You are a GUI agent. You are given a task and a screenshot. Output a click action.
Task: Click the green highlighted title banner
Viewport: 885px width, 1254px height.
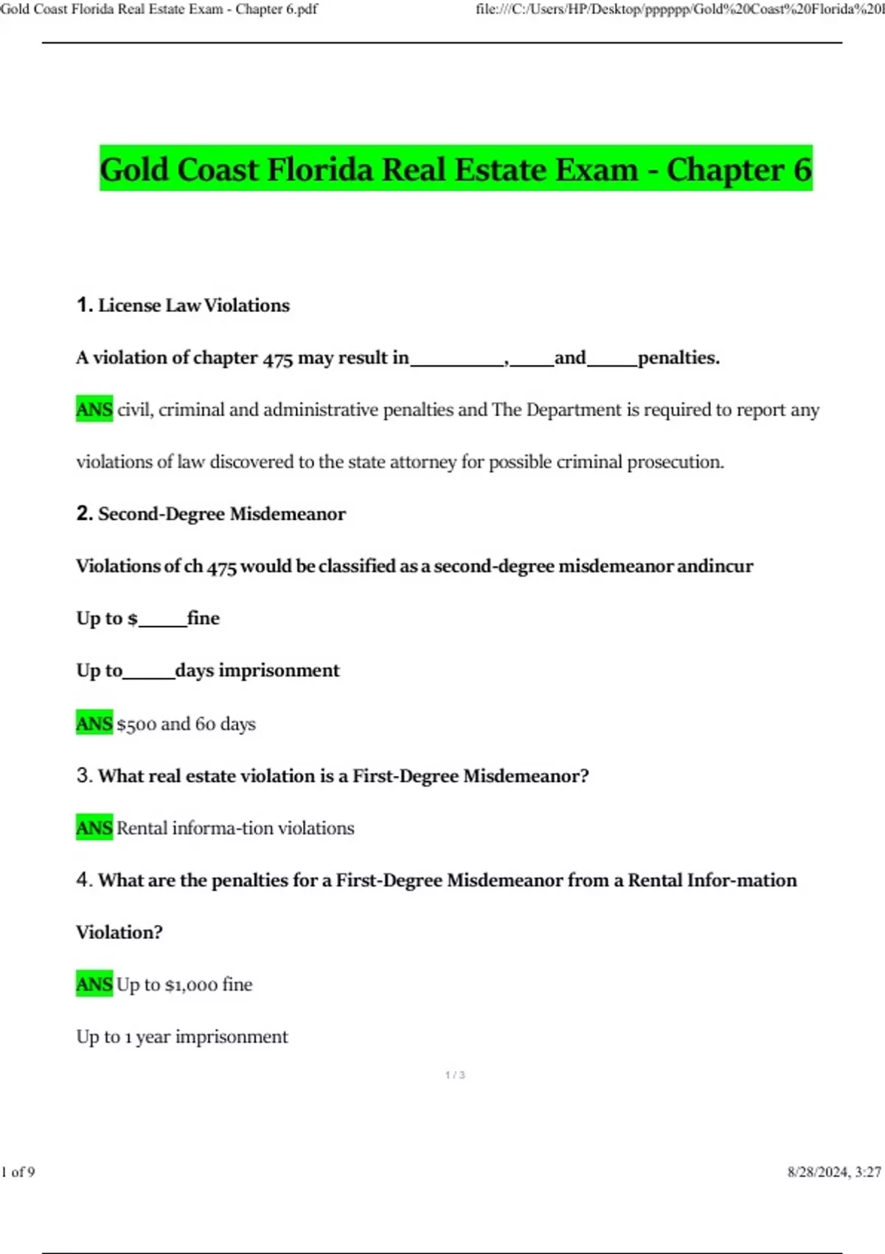click(456, 169)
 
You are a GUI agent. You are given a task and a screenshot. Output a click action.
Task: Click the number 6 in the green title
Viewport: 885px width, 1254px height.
click(802, 170)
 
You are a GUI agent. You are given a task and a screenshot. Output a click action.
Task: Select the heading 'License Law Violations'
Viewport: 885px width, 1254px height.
click(194, 305)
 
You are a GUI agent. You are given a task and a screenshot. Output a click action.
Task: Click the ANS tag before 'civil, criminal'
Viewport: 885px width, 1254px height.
click(94, 409)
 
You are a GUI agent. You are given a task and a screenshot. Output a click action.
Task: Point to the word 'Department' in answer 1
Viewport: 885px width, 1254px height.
click(573, 409)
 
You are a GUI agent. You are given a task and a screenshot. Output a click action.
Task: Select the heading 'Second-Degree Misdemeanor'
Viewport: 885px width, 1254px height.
click(221, 514)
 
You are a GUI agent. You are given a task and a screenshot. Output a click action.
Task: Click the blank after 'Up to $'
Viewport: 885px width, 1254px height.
click(162, 619)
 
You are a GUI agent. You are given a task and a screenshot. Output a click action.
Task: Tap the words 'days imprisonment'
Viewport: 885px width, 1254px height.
click(257, 671)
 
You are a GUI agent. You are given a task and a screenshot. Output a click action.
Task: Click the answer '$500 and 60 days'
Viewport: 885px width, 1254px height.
click(186, 724)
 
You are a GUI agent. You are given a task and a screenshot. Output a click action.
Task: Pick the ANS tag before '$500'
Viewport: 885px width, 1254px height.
click(94, 724)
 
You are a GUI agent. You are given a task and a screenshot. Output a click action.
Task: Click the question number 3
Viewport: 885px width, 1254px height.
click(84, 775)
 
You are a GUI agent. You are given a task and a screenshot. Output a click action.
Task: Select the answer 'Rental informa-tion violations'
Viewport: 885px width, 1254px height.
click(235, 828)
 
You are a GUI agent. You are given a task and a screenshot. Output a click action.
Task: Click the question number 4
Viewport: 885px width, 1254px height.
click(84, 880)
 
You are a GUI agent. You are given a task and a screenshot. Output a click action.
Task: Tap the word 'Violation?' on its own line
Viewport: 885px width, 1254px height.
click(119, 932)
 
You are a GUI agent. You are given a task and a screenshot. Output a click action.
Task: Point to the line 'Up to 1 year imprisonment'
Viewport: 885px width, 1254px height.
click(182, 1036)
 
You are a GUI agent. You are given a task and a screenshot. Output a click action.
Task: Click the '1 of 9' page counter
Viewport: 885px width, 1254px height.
click(18, 1172)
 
